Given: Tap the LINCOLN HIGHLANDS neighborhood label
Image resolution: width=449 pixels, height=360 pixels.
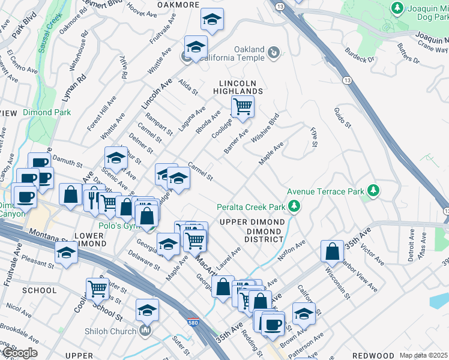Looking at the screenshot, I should [238, 87].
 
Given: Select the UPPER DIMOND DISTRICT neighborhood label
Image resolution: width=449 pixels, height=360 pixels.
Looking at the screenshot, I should [252, 230].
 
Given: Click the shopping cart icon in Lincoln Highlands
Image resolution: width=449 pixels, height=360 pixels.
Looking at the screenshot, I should [242, 107].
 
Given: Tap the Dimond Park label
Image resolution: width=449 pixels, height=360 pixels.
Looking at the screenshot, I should [47, 112].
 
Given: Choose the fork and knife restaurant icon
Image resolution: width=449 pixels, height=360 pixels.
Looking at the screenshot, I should [94, 197].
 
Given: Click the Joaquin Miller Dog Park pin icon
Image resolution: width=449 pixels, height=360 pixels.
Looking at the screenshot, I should [396, 7].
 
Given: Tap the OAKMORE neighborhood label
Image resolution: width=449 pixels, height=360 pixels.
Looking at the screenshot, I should [178, 5].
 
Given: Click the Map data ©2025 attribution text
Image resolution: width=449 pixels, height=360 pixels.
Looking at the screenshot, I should [423, 355].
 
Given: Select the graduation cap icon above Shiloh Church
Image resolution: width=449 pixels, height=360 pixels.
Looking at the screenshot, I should [146, 310].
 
